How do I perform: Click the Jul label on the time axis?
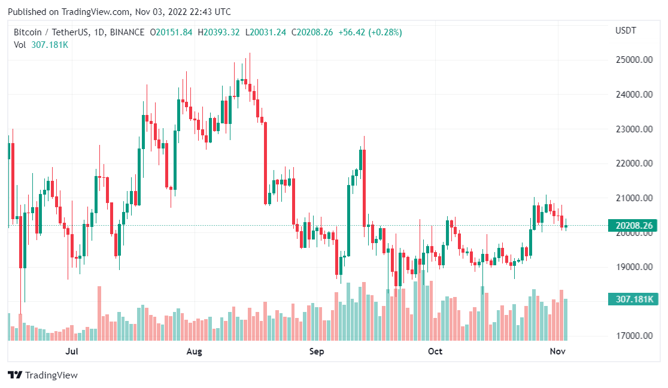[72, 351]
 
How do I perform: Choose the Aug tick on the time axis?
[195, 351]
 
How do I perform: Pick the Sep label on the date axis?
[317, 351]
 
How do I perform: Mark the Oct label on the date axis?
[435, 351]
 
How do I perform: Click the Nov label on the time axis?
[558, 351]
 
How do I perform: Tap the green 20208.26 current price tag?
[631, 226]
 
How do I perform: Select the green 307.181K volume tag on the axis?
[631, 299]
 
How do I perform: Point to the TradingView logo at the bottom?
[42, 375]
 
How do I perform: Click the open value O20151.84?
[171, 32]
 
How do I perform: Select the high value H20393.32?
[219, 32]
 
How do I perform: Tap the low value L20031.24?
[266, 32]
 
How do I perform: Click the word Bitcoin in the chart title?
[28, 32]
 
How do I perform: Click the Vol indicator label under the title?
[20, 44]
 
